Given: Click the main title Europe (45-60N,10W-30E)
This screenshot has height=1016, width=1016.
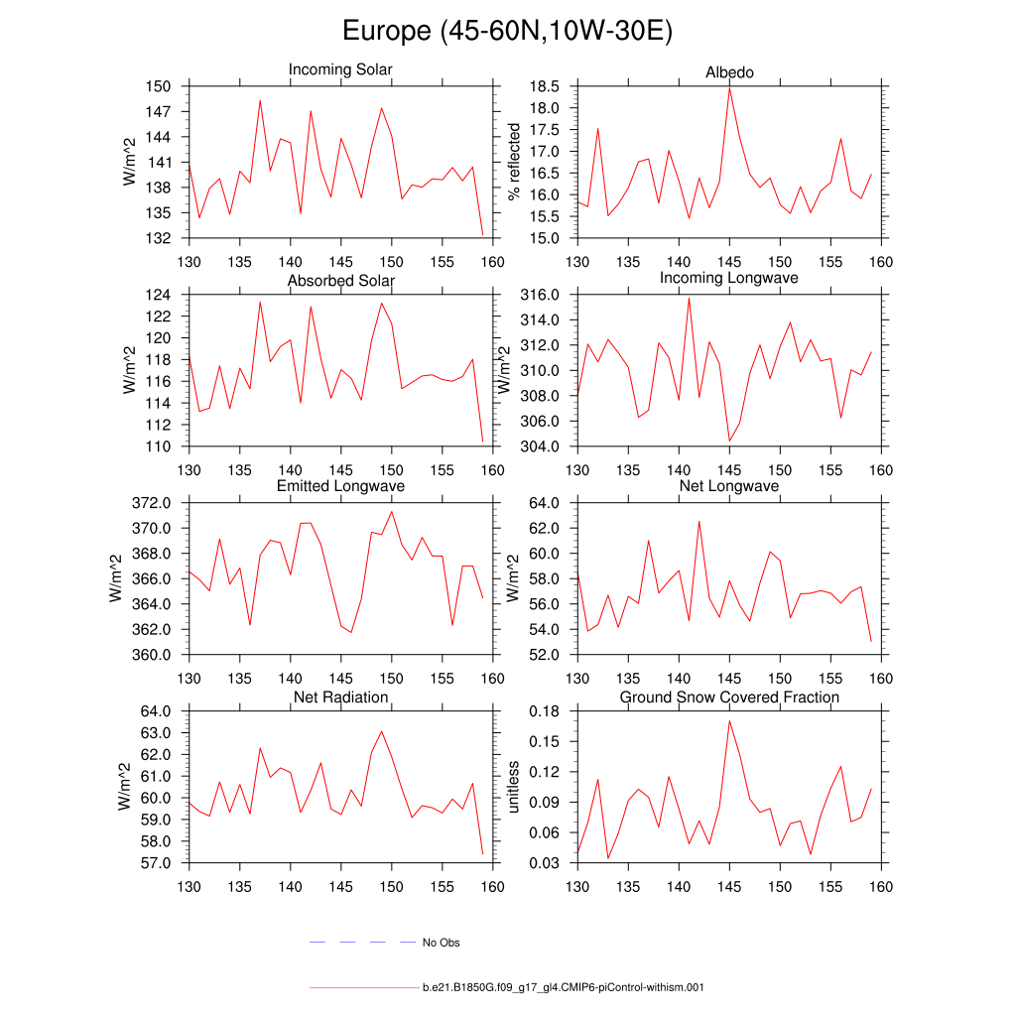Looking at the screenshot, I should [507, 31].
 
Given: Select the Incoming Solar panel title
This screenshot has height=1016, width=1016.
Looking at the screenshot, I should [340, 69].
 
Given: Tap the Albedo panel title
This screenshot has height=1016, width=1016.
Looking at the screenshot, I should [729, 72].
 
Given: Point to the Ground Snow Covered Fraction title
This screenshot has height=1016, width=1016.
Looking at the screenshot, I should [729, 698].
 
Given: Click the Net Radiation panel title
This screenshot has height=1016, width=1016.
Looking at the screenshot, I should [340, 698].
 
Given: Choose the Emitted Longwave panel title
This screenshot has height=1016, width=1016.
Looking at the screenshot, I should [340, 486].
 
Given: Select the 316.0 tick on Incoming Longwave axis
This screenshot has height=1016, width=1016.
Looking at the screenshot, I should [542, 295].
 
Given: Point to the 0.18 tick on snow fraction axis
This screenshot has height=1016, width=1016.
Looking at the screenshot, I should [547, 711].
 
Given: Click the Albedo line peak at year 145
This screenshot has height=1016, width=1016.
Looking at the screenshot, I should [729, 88].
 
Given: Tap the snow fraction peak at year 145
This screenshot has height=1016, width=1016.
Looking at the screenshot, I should [729, 720].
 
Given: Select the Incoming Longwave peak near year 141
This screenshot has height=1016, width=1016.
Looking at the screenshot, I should [689, 298].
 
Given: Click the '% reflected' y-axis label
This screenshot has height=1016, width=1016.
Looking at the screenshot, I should [513, 162].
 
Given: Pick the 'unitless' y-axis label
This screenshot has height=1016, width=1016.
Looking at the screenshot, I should [513, 787].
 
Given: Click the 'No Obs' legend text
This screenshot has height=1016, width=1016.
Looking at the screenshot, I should [441, 943].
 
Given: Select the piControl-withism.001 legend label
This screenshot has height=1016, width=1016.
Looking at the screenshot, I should [563, 988].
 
